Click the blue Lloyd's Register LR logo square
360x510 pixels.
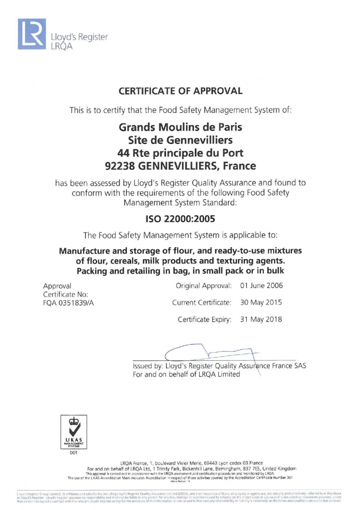click(x=32, y=34)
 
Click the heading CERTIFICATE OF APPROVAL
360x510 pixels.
click(x=180, y=91)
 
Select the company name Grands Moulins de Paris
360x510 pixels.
click(x=180, y=127)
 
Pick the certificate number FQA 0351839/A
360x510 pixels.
click(x=68, y=303)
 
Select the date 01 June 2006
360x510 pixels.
click(x=261, y=286)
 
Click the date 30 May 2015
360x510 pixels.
click(x=261, y=302)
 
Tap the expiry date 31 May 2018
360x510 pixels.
click(x=261, y=319)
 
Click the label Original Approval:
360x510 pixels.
click(x=203, y=286)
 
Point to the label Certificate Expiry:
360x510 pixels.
click(x=204, y=319)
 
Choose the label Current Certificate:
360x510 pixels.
click(x=201, y=302)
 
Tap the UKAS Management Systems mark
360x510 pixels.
click(x=73, y=431)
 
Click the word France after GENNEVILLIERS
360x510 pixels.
click(x=240, y=166)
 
